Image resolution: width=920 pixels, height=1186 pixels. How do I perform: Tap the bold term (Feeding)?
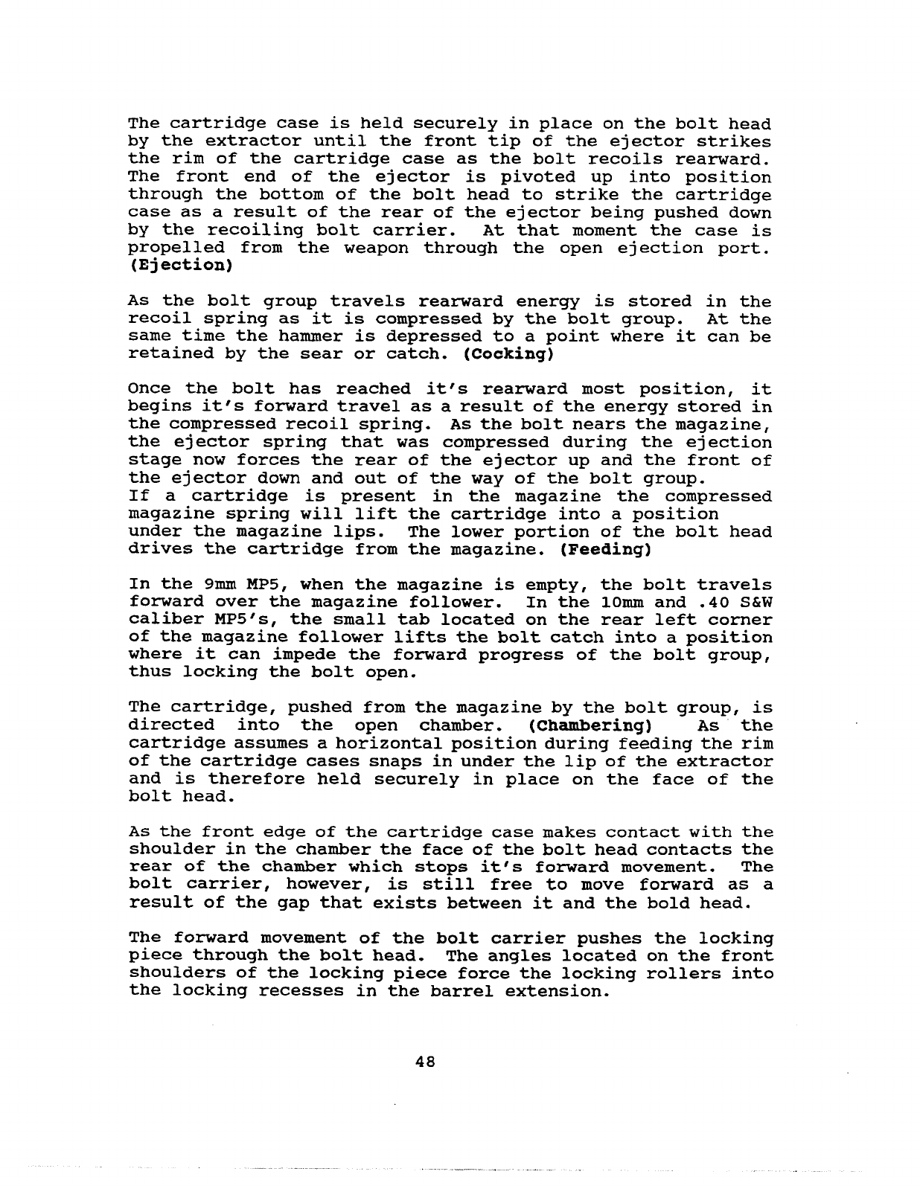(607, 550)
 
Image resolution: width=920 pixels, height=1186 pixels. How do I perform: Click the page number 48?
(425, 1062)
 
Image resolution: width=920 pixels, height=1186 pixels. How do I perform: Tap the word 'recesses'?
(301, 992)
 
